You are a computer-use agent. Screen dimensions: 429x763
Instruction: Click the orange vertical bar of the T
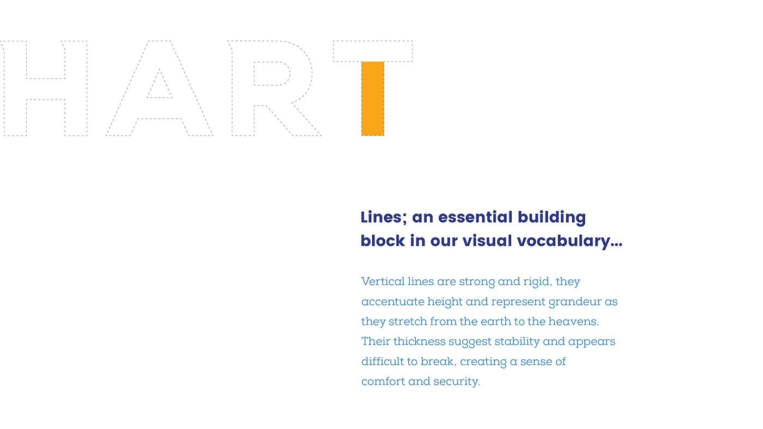click(x=373, y=99)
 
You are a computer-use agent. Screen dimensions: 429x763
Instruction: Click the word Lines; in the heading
click(x=384, y=217)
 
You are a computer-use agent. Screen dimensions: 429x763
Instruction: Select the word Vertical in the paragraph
click(x=383, y=281)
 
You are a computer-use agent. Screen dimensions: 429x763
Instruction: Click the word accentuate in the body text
click(x=392, y=302)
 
